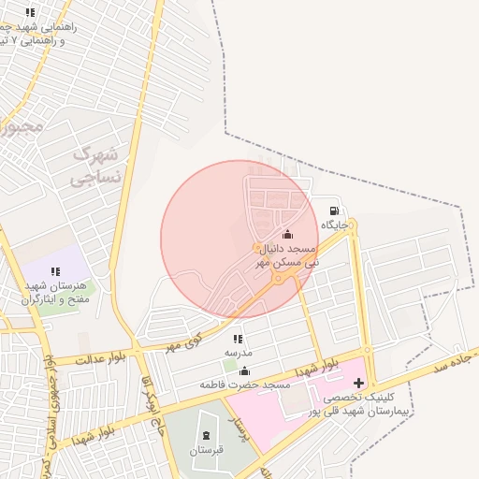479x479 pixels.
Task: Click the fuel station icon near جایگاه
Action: pyautogui.click(x=334, y=210)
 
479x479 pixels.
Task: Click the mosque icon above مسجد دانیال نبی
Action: pyautogui.click(x=286, y=235)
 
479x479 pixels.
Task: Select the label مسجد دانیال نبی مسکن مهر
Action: pyautogui.click(x=287, y=256)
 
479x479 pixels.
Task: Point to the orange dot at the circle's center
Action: pyautogui.click(x=256, y=248)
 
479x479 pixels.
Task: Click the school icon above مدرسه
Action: pyautogui.click(x=238, y=339)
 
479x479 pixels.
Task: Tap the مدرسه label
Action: pyautogui.click(x=238, y=353)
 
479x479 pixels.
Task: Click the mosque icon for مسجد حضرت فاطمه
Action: pyautogui.click(x=245, y=370)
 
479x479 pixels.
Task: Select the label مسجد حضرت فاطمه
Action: pyautogui.click(x=246, y=385)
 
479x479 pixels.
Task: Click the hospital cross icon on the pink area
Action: pyautogui.click(x=360, y=383)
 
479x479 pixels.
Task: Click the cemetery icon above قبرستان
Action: pyautogui.click(x=207, y=436)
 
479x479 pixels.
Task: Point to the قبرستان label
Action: pyautogui.click(x=207, y=450)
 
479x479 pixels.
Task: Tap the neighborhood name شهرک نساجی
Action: pyautogui.click(x=96, y=164)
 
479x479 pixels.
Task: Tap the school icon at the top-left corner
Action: pyautogui.click(x=30, y=12)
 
